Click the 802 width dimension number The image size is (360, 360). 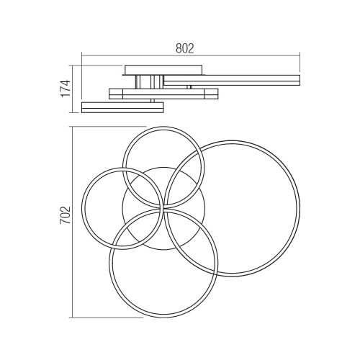point(184,48)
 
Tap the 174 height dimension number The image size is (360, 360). point(66,89)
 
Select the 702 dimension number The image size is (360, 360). point(66,215)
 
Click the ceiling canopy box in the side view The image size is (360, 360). point(163,70)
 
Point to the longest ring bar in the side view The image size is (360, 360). point(232,80)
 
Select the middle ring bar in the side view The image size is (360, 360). point(163,94)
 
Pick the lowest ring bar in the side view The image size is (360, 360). point(122,107)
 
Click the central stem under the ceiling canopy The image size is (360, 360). point(150,82)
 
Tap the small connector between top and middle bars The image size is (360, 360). point(189,87)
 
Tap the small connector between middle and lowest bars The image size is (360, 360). point(153,101)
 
